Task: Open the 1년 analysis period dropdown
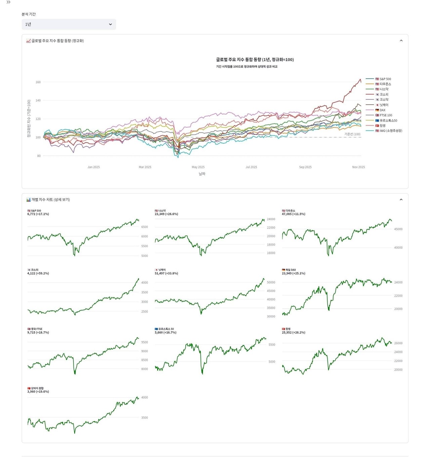[69, 24]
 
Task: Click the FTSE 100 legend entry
[386, 115]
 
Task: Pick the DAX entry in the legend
[382, 110]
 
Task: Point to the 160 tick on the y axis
[38, 82]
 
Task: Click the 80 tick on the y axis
[39, 156]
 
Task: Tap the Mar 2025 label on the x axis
[145, 167]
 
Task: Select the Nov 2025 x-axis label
[358, 167]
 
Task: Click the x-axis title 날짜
[202, 174]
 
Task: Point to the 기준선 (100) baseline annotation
[352, 134]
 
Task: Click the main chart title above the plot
[255, 59]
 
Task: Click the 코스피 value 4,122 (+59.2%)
[38, 273]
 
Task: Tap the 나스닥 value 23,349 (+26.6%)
[166, 214]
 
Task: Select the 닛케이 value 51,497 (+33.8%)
[166, 273]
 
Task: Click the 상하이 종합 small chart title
[37, 388]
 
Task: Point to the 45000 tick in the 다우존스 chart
[398, 229]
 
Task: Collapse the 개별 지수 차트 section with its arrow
[401, 199]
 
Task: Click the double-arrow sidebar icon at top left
[8, 2]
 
